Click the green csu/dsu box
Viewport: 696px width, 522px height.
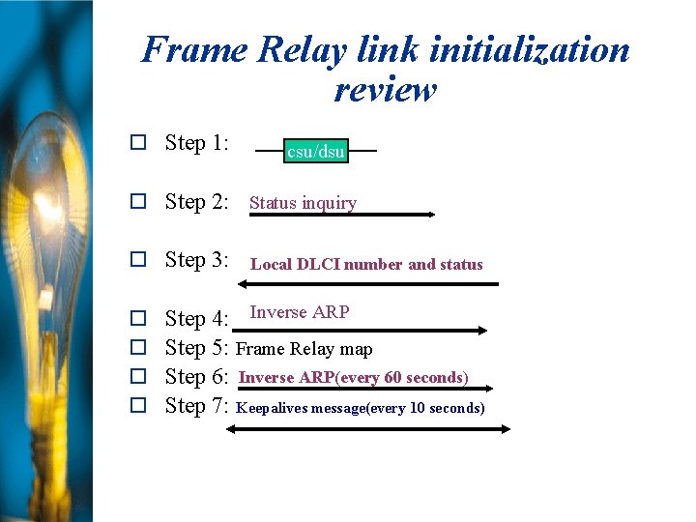[x=315, y=152]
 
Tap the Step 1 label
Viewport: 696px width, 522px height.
[x=196, y=143]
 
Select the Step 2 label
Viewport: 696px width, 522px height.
[x=196, y=202]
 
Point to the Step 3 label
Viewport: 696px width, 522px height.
[x=196, y=260]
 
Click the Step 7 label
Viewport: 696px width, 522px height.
[x=196, y=406]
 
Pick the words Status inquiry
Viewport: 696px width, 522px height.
[x=303, y=203]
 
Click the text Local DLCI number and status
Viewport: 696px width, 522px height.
[x=366, y=264]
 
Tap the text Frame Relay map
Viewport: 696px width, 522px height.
[x=304, y=349]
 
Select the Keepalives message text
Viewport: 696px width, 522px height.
[x=361, y=408]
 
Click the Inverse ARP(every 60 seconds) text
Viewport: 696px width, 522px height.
[x=354, y=377]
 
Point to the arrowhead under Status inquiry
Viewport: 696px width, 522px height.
[x=430, y=215]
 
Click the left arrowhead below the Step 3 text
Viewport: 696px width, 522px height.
[x=243, y=284]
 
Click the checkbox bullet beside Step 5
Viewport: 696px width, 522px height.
[x=138, y=347]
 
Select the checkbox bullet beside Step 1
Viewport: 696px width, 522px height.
[x=138, y=143]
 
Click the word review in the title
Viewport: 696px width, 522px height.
[x=385, y=89]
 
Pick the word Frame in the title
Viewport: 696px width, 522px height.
[x=193, y=49]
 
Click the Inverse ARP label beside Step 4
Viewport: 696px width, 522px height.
[x=300, y=312]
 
